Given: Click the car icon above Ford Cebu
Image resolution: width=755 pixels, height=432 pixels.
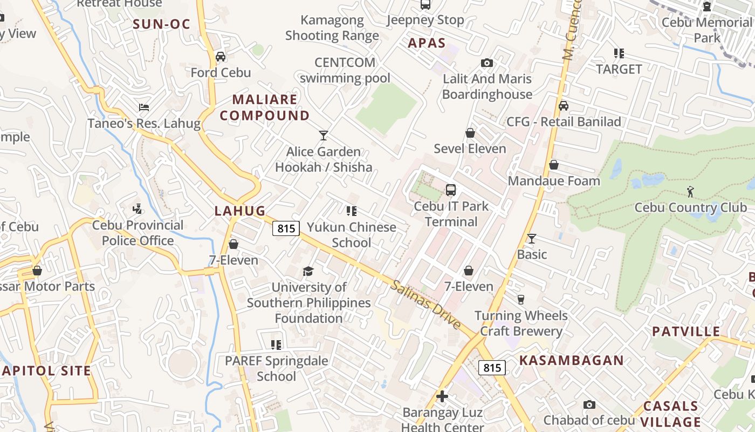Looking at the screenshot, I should [221, 56].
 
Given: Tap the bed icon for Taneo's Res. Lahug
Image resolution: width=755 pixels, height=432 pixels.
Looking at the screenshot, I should [144, 107].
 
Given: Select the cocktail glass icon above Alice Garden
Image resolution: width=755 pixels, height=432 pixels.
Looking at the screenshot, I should [324, 135].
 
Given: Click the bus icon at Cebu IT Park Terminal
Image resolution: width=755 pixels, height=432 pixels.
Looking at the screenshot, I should [451, 190].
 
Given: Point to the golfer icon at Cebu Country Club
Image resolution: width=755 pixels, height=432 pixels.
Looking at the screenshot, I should [690, 191].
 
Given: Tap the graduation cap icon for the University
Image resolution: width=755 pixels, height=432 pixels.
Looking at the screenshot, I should [308, 271].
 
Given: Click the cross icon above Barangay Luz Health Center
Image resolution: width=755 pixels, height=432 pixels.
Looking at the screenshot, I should [442, 397].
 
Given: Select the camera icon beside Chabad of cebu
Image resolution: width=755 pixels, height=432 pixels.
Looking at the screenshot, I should [589, 404].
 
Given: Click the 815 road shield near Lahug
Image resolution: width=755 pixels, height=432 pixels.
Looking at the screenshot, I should [286, 228].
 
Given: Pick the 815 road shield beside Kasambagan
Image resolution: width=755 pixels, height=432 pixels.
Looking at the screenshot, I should [492, 368].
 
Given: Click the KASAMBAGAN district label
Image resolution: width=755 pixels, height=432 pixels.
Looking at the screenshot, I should [571, 360].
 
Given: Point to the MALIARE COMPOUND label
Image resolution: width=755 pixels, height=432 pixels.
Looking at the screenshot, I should [265, 107].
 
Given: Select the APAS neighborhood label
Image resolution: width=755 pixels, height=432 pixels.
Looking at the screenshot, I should [427, 43].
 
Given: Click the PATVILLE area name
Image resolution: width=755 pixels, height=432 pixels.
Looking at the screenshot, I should [686, 332].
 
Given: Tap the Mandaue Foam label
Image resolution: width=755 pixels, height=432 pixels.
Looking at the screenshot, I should [554, 181].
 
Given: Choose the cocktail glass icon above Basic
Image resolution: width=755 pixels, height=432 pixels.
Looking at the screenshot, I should [532, 238].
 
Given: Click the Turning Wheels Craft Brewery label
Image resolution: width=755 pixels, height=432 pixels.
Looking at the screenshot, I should [521, 323].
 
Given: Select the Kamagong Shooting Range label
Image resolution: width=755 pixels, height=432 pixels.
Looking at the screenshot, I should [332, 28].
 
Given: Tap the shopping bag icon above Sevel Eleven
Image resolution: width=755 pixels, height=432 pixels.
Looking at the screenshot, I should [470, 133].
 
